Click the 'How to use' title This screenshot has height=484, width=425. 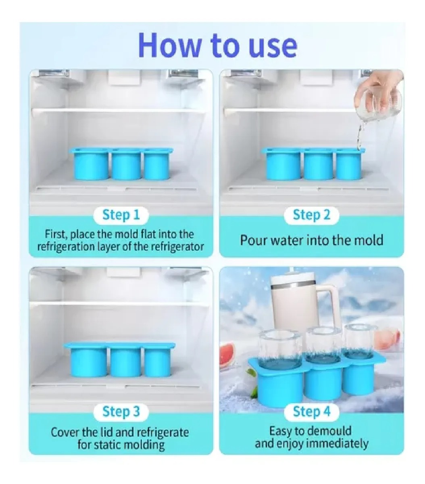tap(218, 45)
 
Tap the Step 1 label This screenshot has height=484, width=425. tap(121, 215)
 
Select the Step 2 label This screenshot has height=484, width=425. tap(312, 215)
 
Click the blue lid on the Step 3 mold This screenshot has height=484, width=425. tap(119, 345)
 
